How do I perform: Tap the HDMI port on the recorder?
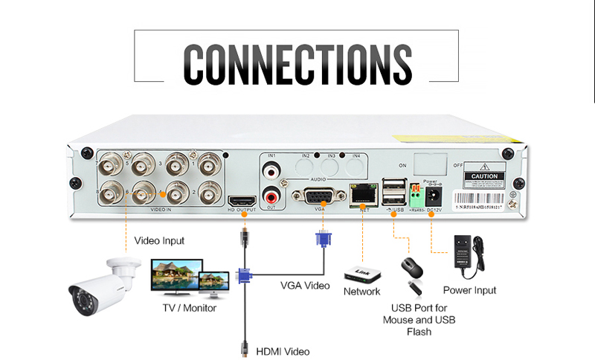[241, 199]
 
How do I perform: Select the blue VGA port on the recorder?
[318, 197]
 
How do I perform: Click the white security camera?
[104, 286]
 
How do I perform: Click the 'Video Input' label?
[159, 241]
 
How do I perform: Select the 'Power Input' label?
[469, 290]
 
